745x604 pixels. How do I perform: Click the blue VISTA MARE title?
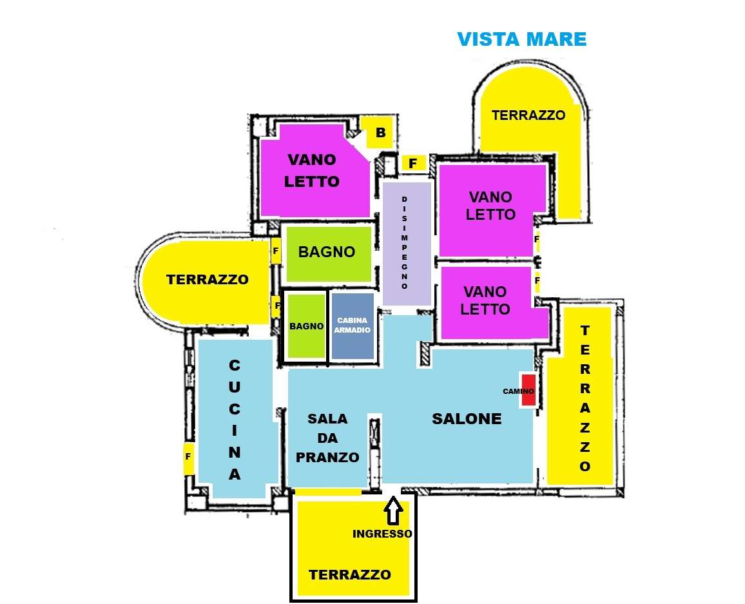pyautogui.click(x=521, y=39)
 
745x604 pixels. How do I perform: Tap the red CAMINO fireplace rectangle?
pyautogui.click(x=529, y=390)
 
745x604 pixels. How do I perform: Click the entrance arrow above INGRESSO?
pyautogui.click(x=393, y=511)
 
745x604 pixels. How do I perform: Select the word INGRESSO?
pyautogui.click(x=382, y=534)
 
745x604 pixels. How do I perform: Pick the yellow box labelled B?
pyautogui.click(x=380, y=132)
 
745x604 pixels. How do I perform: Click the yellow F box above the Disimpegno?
pyautogui.click(x=413, y=164)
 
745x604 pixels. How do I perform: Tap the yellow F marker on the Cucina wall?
pyautogui.click(x=188, y=457)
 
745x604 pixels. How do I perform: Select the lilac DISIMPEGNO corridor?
pyautogui.click(x=407, y=243)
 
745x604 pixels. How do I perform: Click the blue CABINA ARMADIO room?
pyautogui.click(x=352, y=326)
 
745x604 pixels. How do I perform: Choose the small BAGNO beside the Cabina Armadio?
pyautogui.click(x=307, y=326)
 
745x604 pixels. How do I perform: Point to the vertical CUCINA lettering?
pyautogui.click(x=234, y=420)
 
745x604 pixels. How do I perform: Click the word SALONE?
pyautogui.click(x=467, y=418)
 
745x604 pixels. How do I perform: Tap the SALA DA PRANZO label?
pyautogui.click(x=327, y=438)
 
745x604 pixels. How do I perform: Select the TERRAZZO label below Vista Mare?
pyautogui.click(x=528, y=115)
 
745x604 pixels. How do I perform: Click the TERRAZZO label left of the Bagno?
pyautogui.click(x=207, y=279)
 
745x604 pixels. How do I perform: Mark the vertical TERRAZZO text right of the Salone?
pyautogui.click(x=585, y=398)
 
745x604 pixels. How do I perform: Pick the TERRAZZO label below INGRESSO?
pyautogui.click(x=350, y=575)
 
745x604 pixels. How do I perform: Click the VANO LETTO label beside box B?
pyautogui.click(x=312, y=170)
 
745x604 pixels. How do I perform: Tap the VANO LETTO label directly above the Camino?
pyautogui.click(x=485, y=300)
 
